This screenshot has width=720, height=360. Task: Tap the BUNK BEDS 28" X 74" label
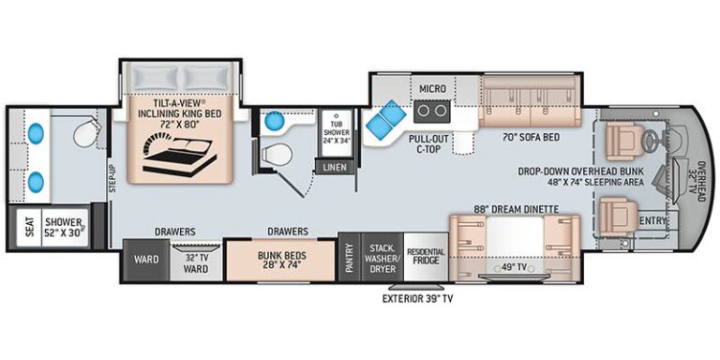[281, 260]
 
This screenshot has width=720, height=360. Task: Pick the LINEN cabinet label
[334, 167]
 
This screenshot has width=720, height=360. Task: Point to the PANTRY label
[349, 255]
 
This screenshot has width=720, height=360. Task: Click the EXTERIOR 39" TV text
[425, 300]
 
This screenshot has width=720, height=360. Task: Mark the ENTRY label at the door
[651, 221]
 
